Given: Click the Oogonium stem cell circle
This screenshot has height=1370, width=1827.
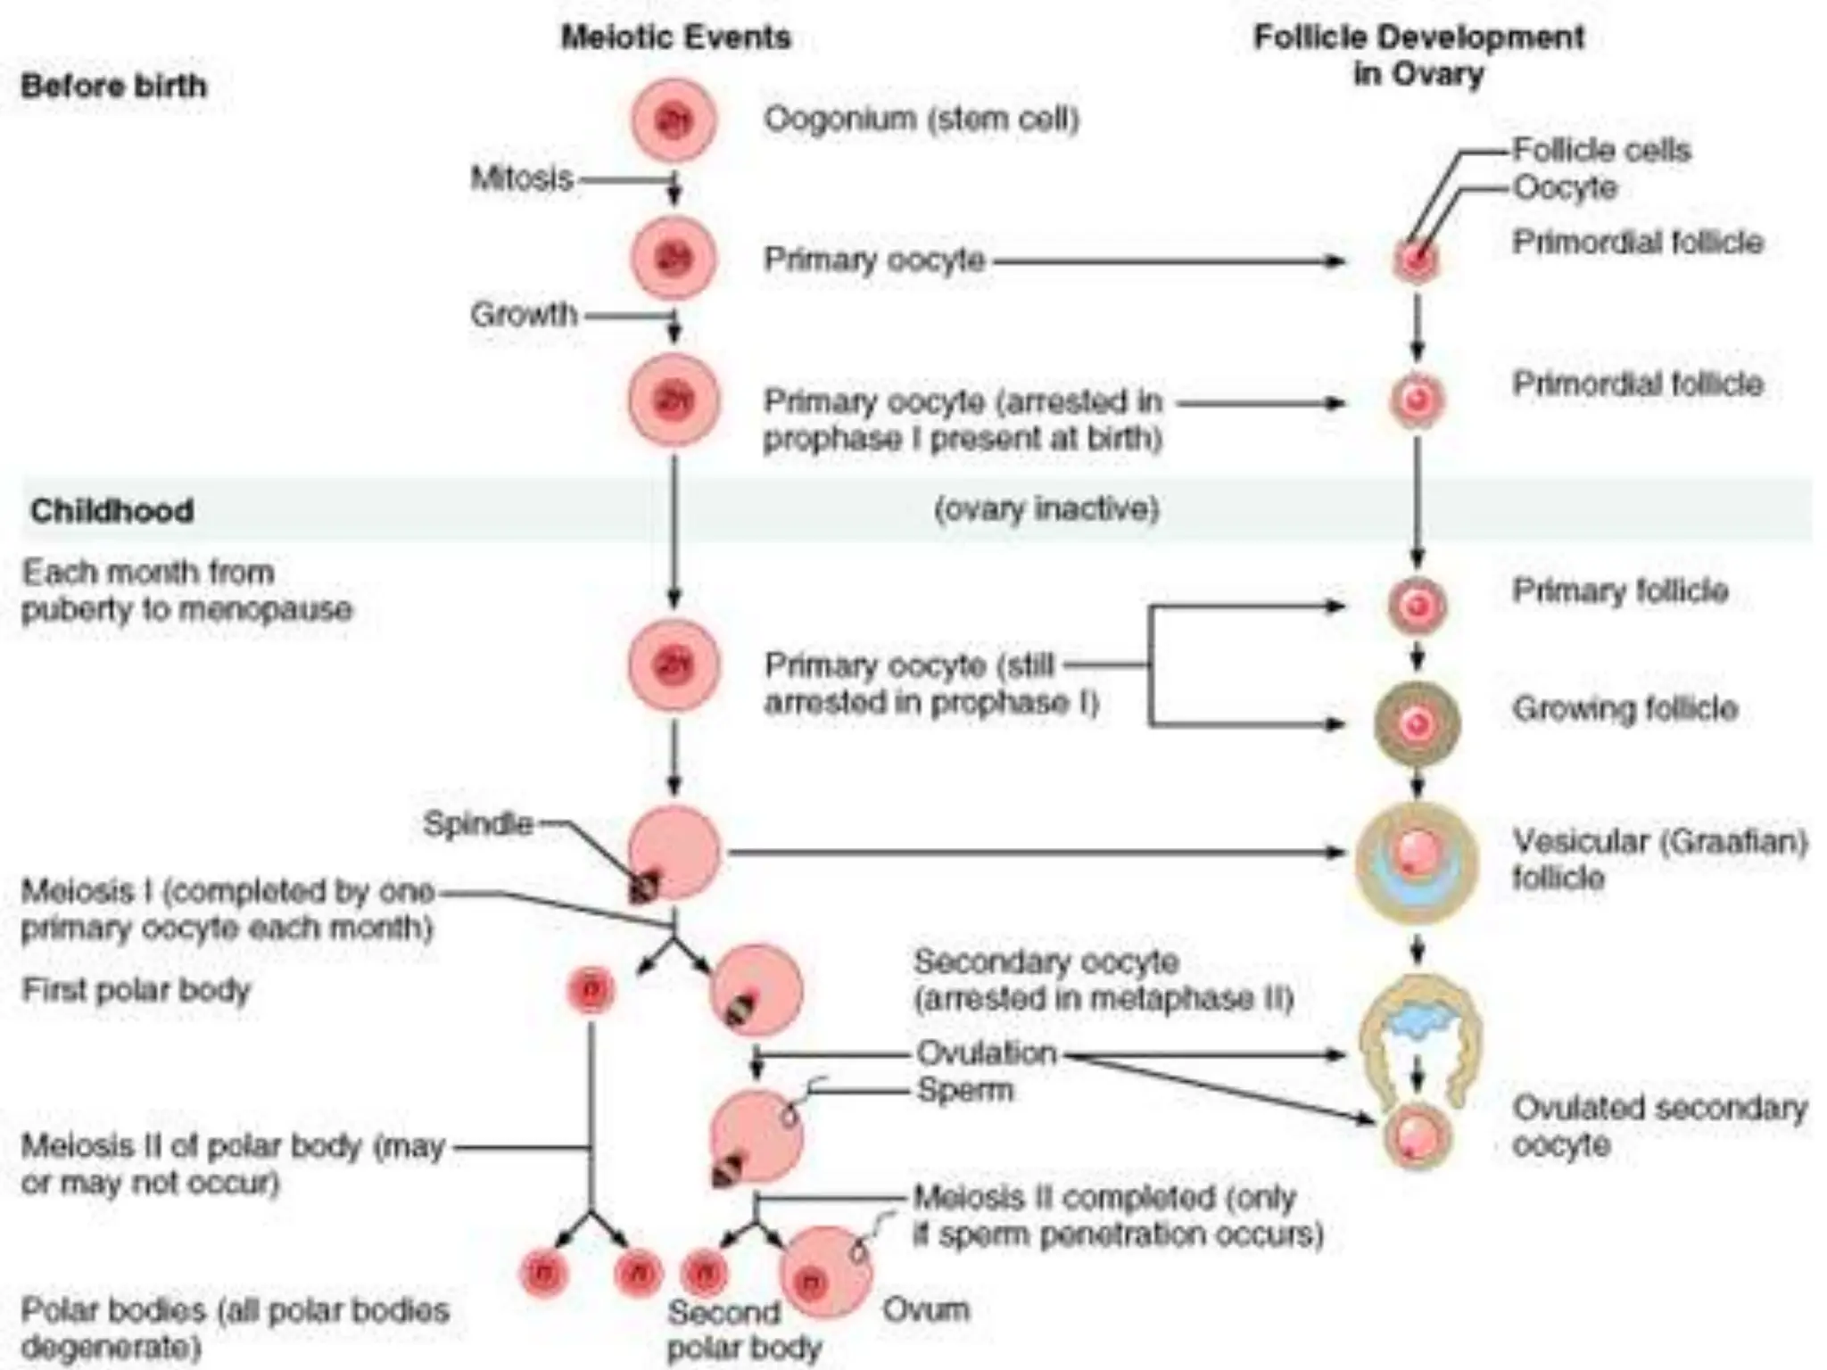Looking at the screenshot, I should point(674,120).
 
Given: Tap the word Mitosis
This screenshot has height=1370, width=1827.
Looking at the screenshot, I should point(522,178).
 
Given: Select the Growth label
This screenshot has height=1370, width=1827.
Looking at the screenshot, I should point(525,314).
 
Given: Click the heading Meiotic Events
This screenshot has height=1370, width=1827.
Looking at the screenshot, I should point(675,37).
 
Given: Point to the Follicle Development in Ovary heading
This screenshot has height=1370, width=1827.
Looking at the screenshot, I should point(1418,54).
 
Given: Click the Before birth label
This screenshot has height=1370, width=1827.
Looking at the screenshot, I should point(113,86).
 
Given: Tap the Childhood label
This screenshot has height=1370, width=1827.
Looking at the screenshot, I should point(112,511).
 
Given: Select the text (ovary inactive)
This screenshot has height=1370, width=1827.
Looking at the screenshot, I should point(1046,508).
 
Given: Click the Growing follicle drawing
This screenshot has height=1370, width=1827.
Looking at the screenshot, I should point(1417,723).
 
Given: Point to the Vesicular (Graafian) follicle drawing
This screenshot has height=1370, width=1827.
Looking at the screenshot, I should point(1417,861).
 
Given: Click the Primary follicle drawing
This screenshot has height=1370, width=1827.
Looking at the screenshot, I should point(1417,606).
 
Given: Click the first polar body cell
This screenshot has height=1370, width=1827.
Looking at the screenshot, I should point(591,990).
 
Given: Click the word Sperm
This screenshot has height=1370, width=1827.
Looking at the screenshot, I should point(965,1090).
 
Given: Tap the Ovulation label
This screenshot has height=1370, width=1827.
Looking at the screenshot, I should point(987,1053).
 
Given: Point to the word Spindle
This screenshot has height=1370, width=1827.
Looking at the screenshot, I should point(478,822).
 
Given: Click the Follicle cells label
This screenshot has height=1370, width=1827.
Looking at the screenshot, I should point(1601,150).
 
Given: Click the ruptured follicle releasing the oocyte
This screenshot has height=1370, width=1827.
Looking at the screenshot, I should point(1418,1035).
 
